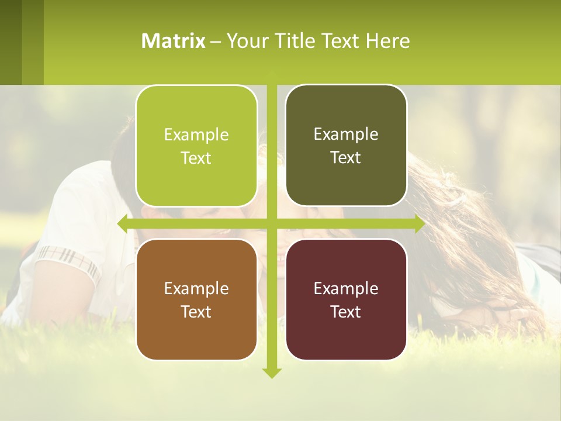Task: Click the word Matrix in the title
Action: point(173,41)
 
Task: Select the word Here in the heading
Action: point(387,41)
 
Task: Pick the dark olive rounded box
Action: point(346,181)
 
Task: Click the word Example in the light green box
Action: point(196,135)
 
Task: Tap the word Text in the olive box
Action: point(346,158)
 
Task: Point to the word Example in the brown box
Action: point(196,289)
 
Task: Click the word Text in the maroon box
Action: point(346,312)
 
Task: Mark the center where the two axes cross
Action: point(271,223)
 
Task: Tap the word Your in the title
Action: point(245,41)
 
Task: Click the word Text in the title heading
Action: point(341,41)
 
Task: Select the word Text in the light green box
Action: point(196,158)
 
